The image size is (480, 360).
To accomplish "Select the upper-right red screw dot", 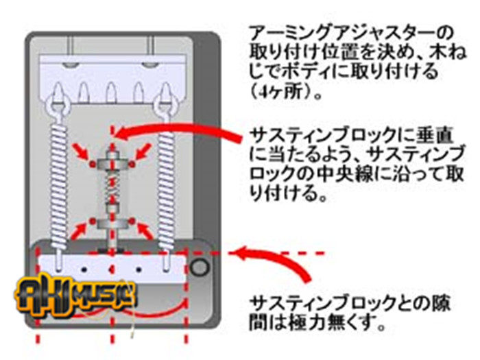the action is [x=132, y=166].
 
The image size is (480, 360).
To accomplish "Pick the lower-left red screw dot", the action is [x=91, y=221].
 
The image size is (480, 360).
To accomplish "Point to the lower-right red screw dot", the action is [x=132, y=221].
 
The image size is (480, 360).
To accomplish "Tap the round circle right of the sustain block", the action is [x=200, y=267].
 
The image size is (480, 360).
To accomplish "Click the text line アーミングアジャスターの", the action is [x=350, y=33].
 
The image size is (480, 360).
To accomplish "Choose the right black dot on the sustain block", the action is [x=139, y=262].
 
